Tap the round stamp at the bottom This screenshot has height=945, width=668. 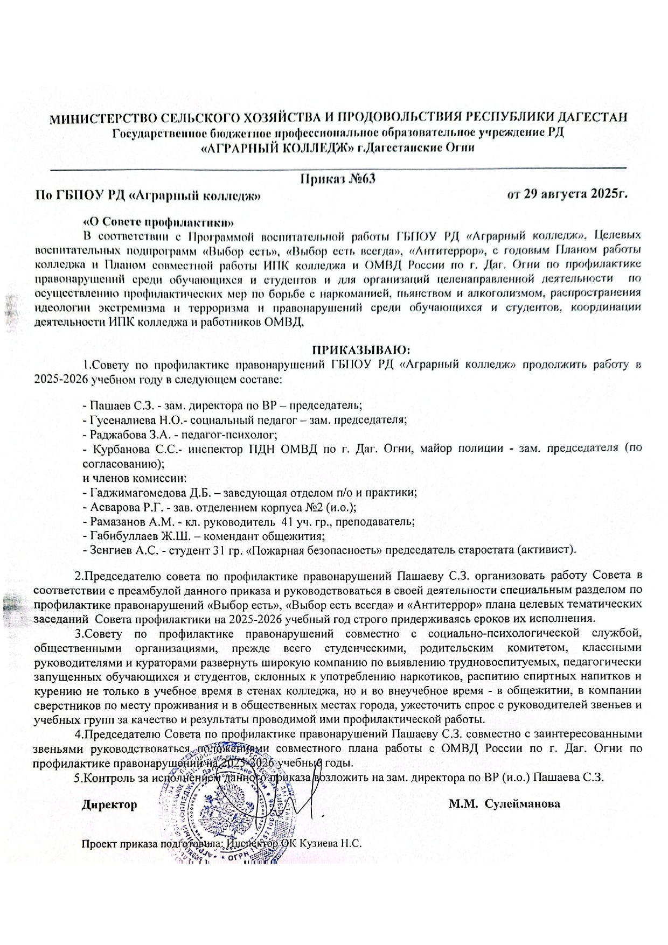226,816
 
